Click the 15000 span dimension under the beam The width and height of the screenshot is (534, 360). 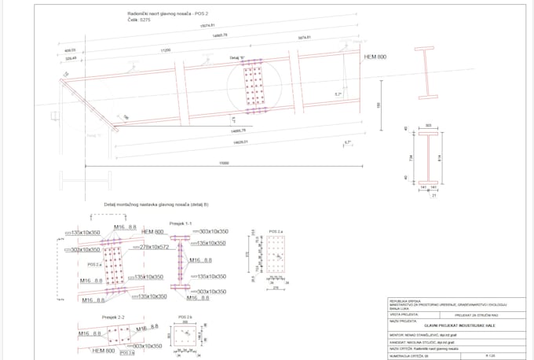point(224,163)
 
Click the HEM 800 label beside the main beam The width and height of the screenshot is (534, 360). point(376,57)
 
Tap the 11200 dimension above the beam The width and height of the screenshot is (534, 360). point(166,50)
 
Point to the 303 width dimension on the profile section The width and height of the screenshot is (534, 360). point(429,126)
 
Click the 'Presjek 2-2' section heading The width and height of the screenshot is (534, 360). point(114,318)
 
